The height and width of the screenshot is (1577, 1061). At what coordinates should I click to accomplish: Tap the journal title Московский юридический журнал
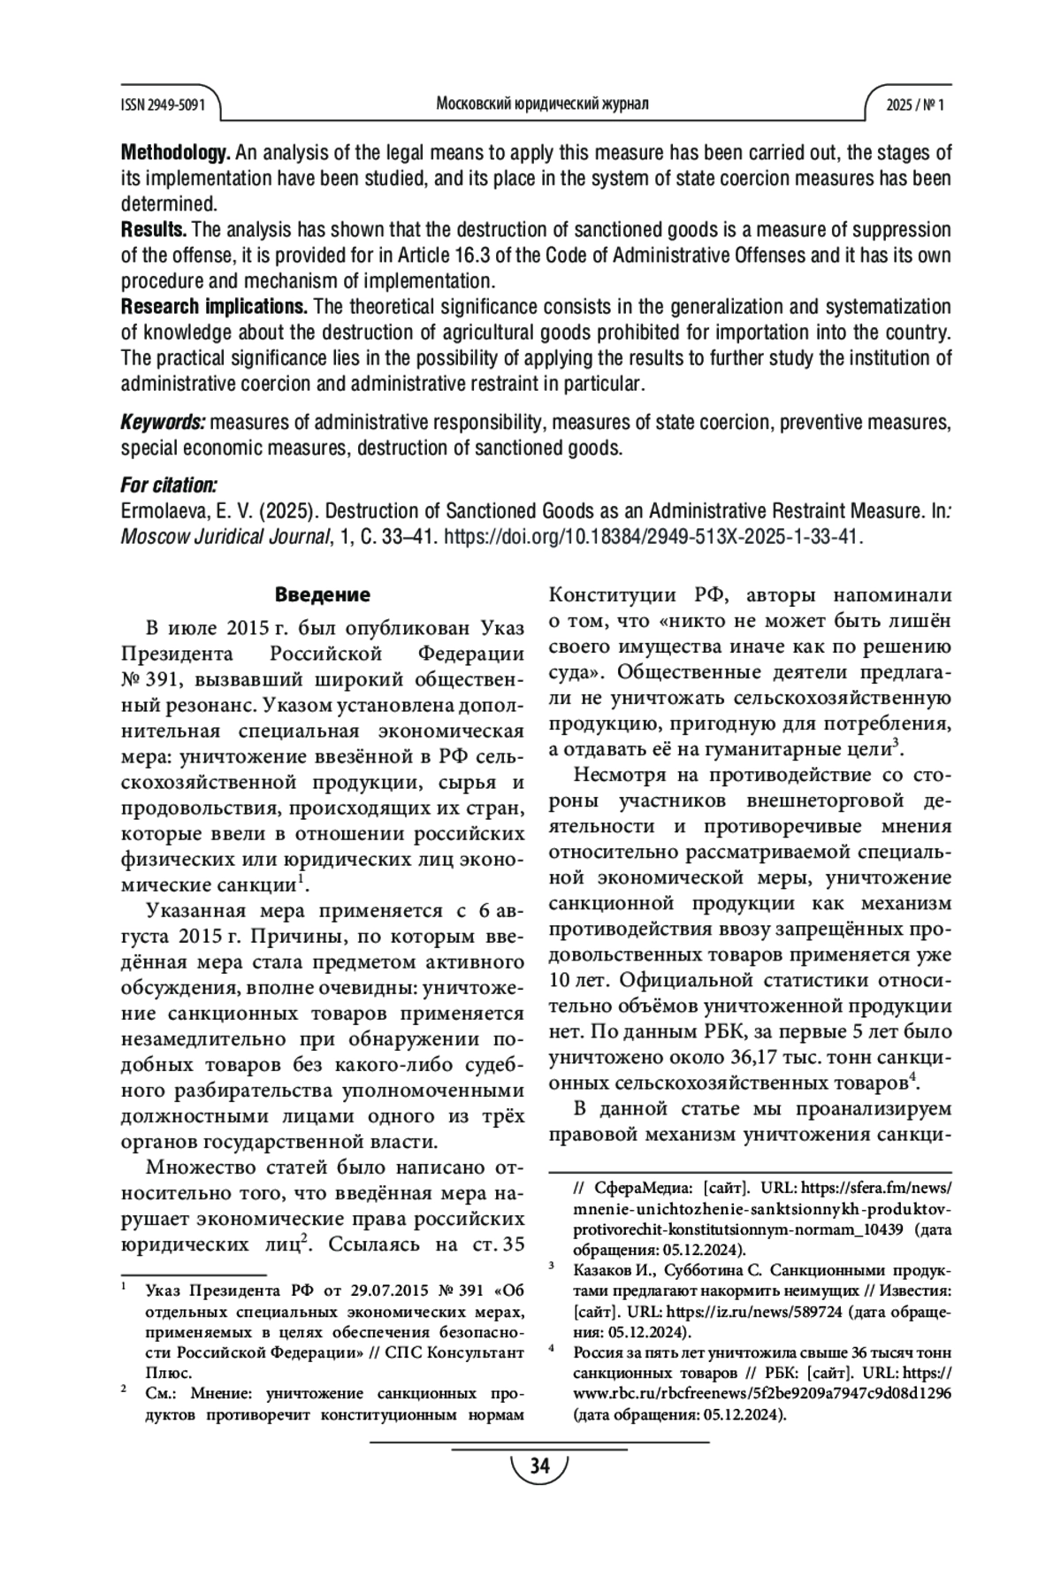[x=542, y=103]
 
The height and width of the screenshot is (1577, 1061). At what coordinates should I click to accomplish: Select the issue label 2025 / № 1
[x=915, y=104]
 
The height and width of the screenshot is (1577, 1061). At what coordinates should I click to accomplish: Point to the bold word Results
[x=153, y=230]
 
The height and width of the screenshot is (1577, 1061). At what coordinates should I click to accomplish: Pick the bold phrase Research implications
[x=214, y=307]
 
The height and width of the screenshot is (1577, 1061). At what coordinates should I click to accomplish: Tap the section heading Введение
[x=322, y=594]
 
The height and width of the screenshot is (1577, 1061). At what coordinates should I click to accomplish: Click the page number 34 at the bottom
[x=539, y=1466]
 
